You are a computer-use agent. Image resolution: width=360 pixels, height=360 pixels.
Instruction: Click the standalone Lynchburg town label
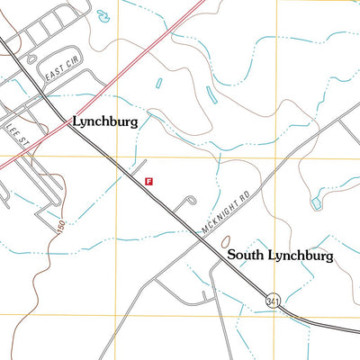(x=104, y=121)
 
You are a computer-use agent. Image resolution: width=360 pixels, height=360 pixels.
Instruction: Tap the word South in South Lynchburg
(x=246, y=256)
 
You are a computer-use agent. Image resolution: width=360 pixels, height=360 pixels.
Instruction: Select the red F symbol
(x=148, y=180)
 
